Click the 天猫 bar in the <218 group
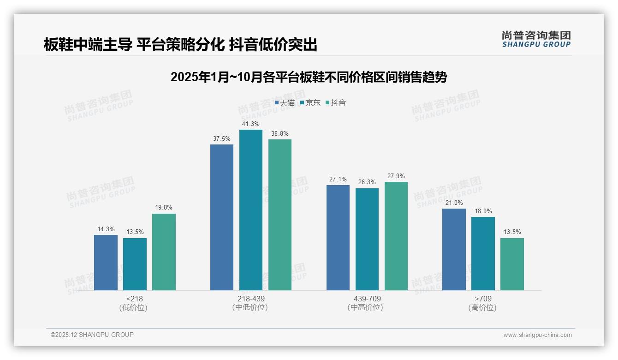tap(106, 263)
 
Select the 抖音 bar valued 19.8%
tap(164, 252)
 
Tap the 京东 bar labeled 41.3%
tap(251, 210)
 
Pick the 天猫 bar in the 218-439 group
tap(222, 217)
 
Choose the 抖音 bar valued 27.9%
tap(396, 236)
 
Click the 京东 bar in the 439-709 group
tap(367, 239)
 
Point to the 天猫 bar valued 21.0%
tap(454, 249)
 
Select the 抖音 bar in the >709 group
tap(512, 264)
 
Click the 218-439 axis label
tap(251, 299)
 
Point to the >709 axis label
tap(483, 299)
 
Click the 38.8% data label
tap(280, 134)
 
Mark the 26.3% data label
tap(367, 182)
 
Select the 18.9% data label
tap(483, 211)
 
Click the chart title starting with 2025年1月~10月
tap(309, 77)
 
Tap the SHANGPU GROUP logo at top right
tap(536, 39)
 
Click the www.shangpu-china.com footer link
tap(537, 335)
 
